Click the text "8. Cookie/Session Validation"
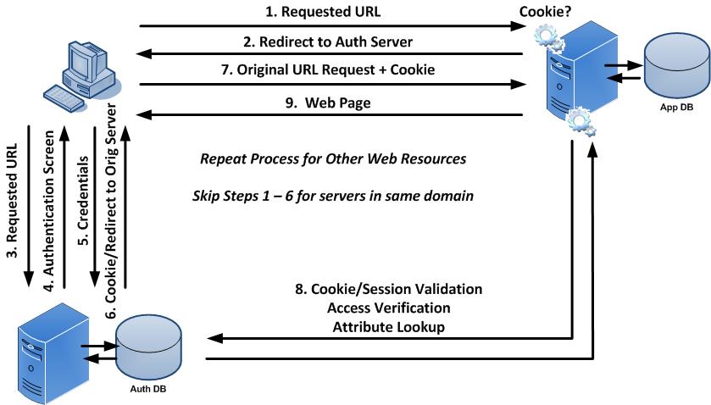(x=388, y=289)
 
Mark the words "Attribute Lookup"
(x=388, y=326)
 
